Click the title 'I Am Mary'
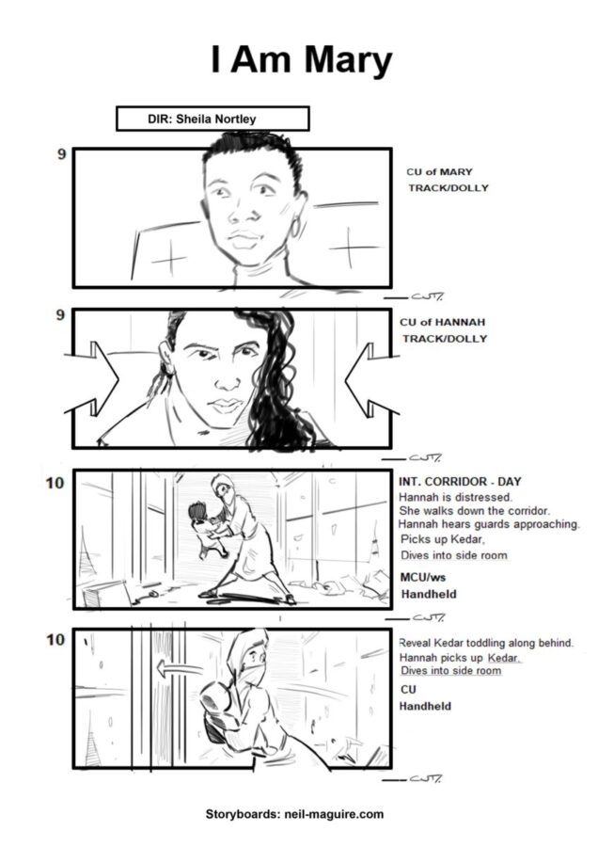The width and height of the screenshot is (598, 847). (301, 60)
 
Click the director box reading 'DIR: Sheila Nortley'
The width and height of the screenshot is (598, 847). (212, 119)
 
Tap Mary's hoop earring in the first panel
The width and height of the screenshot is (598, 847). (295, 227)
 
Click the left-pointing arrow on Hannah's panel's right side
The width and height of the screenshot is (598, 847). (371, 380)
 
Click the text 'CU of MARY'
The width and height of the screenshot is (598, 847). (439, 172)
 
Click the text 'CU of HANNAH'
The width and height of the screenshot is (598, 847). (443, 322)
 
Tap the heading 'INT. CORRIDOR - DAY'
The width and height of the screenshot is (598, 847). (460, 481)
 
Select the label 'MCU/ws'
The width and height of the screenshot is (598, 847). (422, 577)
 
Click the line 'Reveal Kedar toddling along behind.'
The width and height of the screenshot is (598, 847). (486, 643)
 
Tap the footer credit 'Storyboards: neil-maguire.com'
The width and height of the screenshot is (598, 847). (294, 814)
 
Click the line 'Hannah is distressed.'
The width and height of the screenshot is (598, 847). (455, 497)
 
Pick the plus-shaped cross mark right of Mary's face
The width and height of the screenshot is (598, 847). (349, 248)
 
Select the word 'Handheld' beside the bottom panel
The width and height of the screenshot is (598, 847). (425, 706)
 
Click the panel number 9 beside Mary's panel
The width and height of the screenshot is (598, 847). (62, 154)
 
